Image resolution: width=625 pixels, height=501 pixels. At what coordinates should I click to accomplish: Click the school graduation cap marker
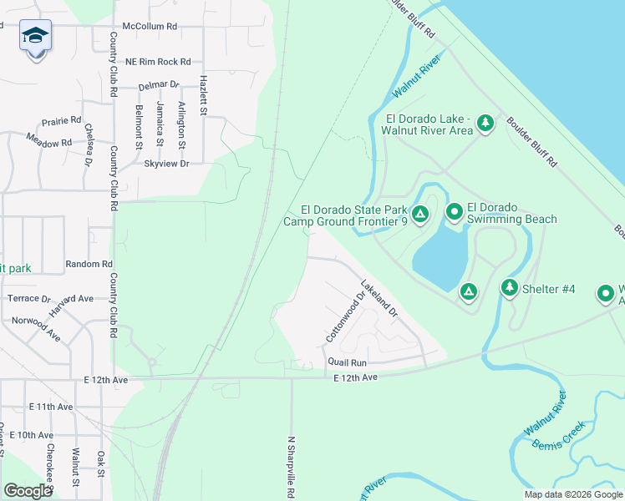[x=35, y=36]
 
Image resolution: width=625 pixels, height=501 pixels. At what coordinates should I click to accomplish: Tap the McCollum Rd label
[x=150, y=27]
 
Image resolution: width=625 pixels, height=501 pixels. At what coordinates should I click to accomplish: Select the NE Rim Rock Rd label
[x=158, y=62]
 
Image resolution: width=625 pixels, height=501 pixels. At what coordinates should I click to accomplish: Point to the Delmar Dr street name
[x=159, y=85]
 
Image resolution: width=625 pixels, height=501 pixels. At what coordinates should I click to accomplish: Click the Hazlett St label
[x=202, y=90]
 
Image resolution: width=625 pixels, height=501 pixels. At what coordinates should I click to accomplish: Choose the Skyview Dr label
[x=167, y=164]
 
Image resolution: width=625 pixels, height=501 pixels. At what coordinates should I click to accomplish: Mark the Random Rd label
[x=89, y=264]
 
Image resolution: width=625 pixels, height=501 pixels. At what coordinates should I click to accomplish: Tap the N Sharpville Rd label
[x=292, y=466]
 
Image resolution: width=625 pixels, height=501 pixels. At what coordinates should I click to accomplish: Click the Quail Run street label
[x=348, y=363]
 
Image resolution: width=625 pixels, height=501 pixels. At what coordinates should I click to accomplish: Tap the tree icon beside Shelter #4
[x=509, y=288]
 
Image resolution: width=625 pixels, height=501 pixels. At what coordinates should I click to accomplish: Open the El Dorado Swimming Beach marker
[x=454, y=213]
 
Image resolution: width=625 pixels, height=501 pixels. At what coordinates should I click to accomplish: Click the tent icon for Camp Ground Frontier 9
[x=420, y=215]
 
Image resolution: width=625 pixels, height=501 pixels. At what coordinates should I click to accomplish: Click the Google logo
[x=28, y=491]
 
